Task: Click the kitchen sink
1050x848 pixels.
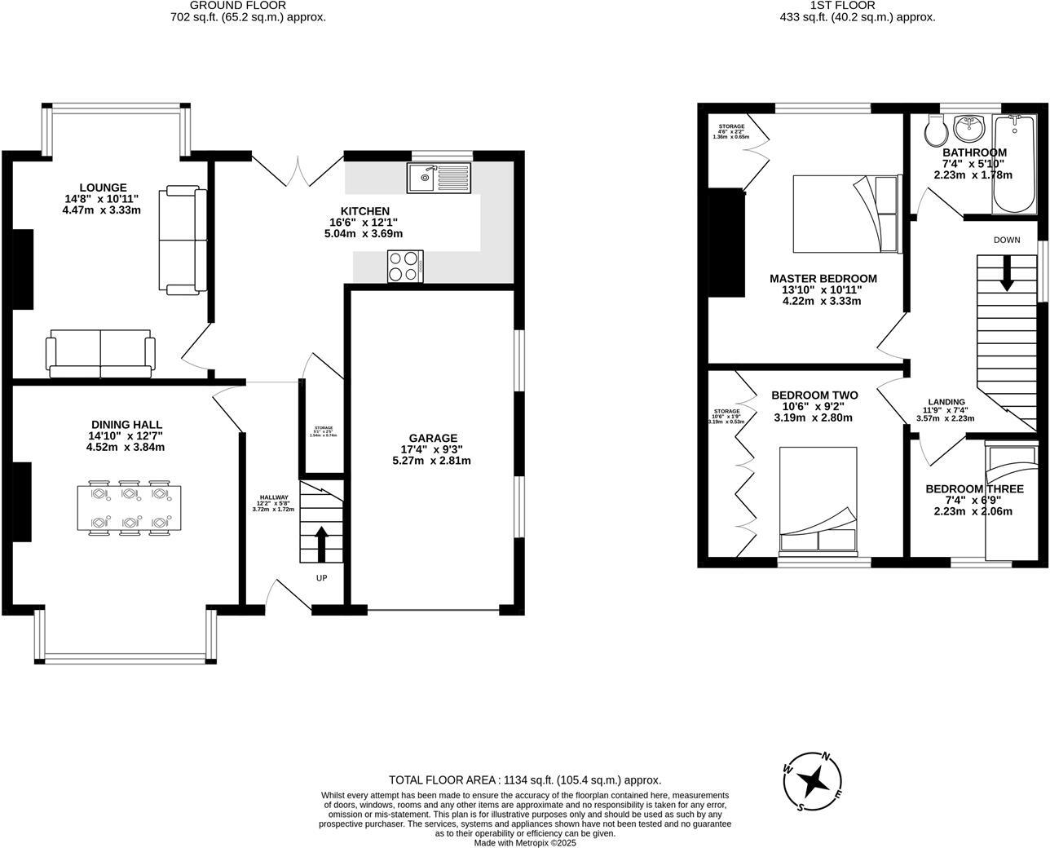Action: (439, 177)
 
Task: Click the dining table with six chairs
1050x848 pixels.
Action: (126, 507)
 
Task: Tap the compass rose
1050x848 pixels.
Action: (813, 782)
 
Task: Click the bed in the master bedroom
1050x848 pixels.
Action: (845, 214)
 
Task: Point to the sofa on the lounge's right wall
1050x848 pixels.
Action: (185, 240)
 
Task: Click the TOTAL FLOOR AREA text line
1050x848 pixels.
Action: (525, 780)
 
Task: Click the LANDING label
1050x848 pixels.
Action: (946, 402)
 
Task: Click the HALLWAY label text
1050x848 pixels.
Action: (274, 497)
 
